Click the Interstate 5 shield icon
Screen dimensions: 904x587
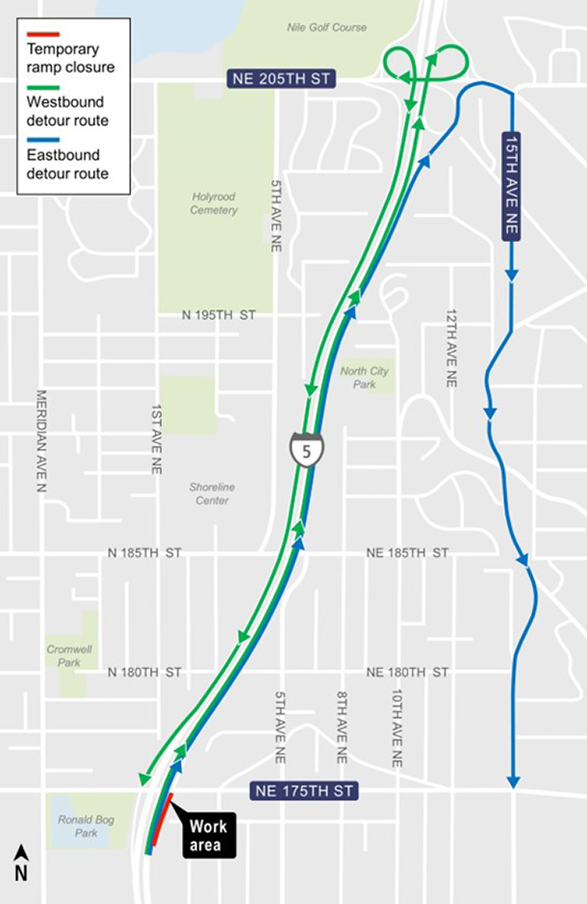[307, 449]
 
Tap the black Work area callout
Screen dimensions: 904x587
[207, 835]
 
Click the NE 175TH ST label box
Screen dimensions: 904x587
[304, 790]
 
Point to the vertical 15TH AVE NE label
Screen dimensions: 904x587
[512, 185]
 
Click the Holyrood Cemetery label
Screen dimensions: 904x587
[213, 204]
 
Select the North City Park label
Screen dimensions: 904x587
[365, 378]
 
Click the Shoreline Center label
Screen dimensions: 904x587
[211, 493]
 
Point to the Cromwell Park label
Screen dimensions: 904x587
[64, 655]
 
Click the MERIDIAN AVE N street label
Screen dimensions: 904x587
[39, 441]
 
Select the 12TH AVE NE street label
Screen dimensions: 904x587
[450, 344]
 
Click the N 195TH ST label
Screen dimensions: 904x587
[219, 315]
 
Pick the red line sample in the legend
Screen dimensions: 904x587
[43, 34]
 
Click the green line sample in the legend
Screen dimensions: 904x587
[43, 87]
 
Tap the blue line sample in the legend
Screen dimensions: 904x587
[43, 140]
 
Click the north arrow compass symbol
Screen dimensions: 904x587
[22, 862]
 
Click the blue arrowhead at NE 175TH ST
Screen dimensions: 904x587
[513, 782]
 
